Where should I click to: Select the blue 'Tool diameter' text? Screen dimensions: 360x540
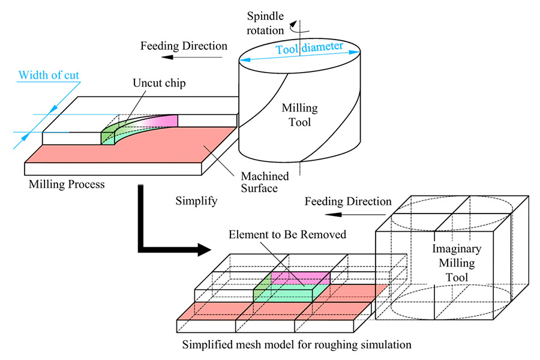pyautogui.click(x=309, y=49)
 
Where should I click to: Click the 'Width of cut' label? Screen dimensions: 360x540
pyautogui.click(x=49, y=75)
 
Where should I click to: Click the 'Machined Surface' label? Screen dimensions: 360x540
pyautogui.click(x=265, y=182)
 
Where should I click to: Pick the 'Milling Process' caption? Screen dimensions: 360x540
pyautogui.click(x=67, y=184)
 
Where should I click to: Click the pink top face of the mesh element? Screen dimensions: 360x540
pyautogui.click(x=300, y=278)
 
